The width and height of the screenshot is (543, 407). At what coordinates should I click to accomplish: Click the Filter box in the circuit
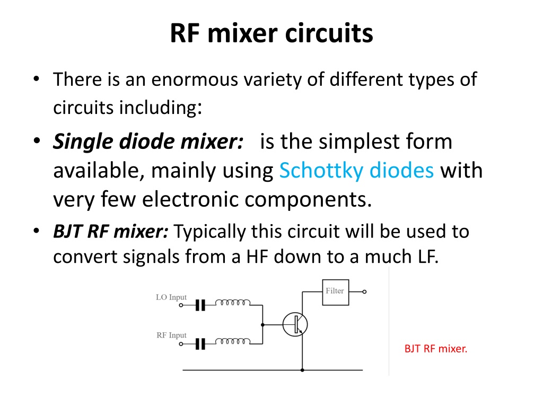click(335, 292)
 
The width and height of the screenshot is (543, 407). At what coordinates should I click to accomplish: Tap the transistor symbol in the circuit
click(295, 324)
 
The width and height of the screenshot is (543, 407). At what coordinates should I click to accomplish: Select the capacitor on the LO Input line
click(200, 305)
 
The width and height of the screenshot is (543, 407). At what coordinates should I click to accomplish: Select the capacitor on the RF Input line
click(200, 344)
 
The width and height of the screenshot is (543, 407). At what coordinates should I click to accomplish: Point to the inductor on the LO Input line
click(233, 303)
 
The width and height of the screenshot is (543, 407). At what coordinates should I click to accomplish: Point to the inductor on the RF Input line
click(233, 342)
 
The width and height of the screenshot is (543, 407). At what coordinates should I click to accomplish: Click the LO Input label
click(171, 297)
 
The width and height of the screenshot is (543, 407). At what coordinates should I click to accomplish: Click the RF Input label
click(171, 335)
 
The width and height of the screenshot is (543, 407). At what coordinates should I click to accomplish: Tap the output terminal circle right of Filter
click(364, 292)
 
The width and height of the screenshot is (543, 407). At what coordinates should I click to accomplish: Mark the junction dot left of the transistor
click(262, 325)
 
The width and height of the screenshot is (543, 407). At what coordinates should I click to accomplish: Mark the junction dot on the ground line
click(302, 370)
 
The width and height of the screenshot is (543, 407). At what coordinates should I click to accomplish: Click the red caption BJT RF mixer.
click(436, 349)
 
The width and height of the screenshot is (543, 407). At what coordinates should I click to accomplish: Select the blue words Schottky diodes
click(356, 170)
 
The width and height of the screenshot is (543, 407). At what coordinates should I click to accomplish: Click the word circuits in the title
click(329, 33)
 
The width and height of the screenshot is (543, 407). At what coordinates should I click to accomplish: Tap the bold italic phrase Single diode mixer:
click(148, 141)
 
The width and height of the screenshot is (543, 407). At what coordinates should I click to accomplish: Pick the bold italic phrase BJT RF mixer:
click(111, 231)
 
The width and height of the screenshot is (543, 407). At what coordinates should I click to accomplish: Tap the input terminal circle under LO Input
click(181, 305)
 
